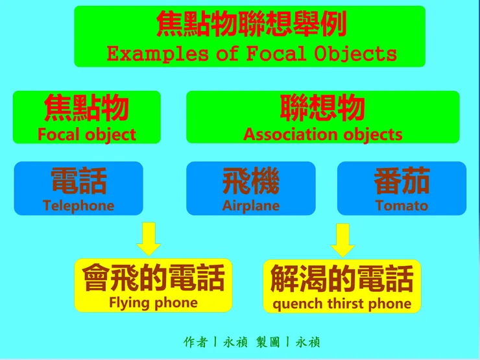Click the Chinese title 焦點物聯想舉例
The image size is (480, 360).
pyautogui.click(x=251, y=25)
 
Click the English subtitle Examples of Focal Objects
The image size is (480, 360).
pyautogui.click(x=251, y=53)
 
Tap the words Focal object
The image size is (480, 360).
pyautogui.click(x=87, y=135)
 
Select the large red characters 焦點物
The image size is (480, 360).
pyautogui.click(x=87, y=108)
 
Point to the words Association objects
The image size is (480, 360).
pyautogui.click(x=322, y=135)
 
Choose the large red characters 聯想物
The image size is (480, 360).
pyautogui.click(x=322, y=108)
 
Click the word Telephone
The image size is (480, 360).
pyautogui.click(x=78, y=206)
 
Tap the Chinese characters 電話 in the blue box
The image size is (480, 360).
pyautogui.click(x=78, y=181)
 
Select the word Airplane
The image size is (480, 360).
pyautogui.click(x=251, y=206)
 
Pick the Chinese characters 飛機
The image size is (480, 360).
pyautogui.click(x=251, y=181)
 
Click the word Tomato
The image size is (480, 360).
pyautogui.click(x=402, y=206)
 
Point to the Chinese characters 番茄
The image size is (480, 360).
pyautogui.click(x=402, y=181)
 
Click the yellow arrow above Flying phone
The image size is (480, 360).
pyautogui.click(x=149, y=239)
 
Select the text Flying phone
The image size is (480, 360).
pyautogui.click(x=153, y=302)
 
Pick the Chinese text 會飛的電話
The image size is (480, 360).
pyautogui.click(x=153, y=278)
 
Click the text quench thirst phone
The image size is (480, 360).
pyautogui.click(x=342, y=304)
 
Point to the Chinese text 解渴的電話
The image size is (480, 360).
pyautogui.click(x=342, y=279)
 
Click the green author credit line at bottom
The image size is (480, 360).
pyautogui.click(x=252, y=342)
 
